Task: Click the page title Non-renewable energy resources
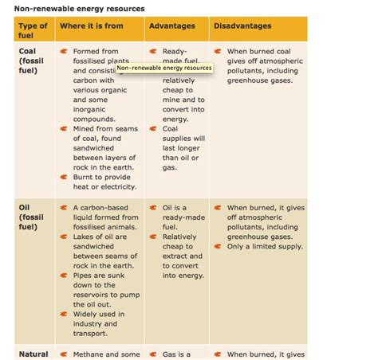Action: [x=79, y=8]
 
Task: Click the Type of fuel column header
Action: [x=33, y=31]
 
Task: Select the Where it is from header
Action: [x=98, y=26]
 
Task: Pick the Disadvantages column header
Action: [x=242, y=26]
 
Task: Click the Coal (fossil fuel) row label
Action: [x=31, y=60]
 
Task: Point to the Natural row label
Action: [x=33, y=354]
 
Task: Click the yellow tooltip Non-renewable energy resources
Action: [x=163, y=68]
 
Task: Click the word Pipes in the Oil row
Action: [x=85, y=276]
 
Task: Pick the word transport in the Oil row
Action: [x=91, y=334]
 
